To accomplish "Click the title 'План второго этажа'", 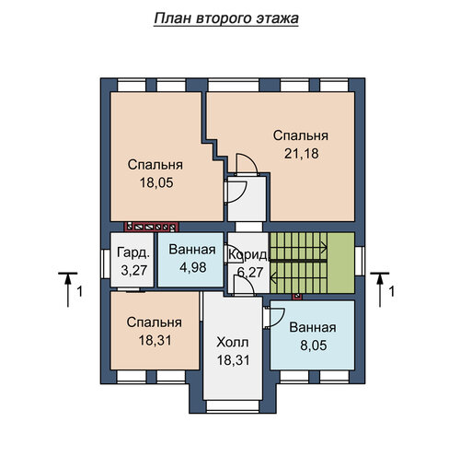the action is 226,18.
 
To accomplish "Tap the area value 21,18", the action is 302,154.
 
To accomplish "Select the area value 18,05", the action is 156,182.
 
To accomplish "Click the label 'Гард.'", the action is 133,252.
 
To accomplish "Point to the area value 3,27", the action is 134,271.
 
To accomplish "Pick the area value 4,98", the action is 193,267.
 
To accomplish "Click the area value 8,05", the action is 314,346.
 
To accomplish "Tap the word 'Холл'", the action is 232,342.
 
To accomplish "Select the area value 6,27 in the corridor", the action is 250,272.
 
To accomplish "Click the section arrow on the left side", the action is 68,289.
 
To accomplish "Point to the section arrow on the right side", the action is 380,289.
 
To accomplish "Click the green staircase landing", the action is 341,263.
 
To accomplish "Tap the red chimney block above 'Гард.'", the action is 152,227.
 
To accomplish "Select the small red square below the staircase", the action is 297,297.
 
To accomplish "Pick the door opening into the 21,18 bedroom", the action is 247,163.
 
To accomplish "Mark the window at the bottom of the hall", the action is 233,405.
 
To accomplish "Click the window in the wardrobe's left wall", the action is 106,264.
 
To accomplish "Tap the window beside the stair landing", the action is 360,261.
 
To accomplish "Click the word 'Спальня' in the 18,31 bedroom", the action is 155,322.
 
